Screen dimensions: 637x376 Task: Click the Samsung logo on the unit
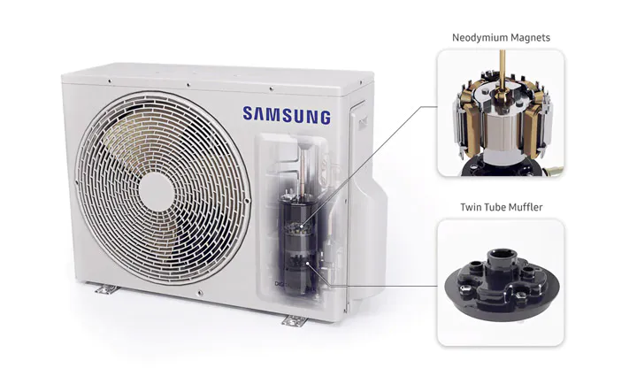(287, 115)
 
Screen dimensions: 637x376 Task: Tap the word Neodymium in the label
(474, 38)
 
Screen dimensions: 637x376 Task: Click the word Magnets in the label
(525, 38)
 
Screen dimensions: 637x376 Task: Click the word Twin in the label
(469, 207)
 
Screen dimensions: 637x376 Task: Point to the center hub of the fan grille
(157, 192)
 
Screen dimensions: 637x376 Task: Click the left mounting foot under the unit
(107, 289)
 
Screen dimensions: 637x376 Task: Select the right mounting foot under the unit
(295, 321)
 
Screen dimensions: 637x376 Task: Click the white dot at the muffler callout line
(308, 264)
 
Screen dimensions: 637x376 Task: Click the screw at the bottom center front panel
(199, 293)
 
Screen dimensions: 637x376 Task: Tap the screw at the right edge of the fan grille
(247, 201)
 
